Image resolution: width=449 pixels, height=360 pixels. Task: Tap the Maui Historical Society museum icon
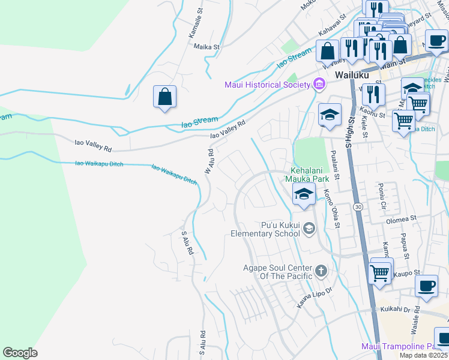[x=319, y=85]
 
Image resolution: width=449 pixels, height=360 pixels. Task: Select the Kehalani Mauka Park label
[x=311, y=174]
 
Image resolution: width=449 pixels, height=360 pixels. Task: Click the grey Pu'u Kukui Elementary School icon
[x=309, y=227]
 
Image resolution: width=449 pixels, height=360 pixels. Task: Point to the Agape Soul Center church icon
[x=321, y=271]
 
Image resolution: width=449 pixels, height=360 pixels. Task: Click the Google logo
[x=20, y=352]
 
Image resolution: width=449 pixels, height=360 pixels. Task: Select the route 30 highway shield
[x=358, y=206]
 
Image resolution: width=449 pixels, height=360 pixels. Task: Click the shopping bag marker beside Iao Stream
[x=164, y=97]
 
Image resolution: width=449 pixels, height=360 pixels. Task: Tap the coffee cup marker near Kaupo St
[x=426, y=286]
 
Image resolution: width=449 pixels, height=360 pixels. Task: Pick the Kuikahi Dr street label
[x=394, y=310]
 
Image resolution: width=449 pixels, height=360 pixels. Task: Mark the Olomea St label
[x=402, y=219]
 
